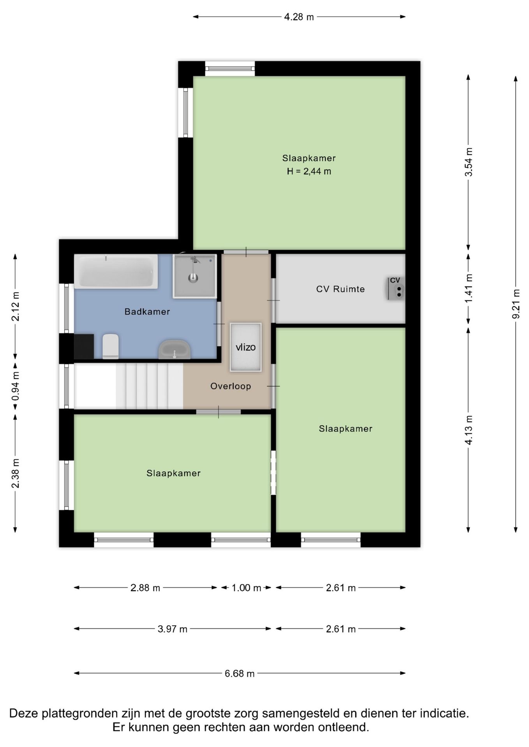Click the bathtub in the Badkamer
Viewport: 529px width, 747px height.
[116, 271]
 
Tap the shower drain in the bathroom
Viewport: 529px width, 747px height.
[193, 278]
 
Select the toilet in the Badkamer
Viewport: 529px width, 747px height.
[111, 346]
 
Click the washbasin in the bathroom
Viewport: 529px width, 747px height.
[175, 349]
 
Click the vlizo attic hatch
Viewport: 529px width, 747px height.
[245, 347]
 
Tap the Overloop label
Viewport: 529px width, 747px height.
[231, 386]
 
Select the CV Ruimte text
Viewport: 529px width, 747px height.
[340, 289]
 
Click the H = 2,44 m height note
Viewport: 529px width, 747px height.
[309, 171]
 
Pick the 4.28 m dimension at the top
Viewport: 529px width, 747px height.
[299, 17]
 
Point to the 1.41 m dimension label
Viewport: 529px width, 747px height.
[469, 288]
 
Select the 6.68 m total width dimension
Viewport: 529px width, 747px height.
[240, 673]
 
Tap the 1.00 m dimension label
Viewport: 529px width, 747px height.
[246, 588]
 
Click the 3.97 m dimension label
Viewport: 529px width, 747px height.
[173, 629]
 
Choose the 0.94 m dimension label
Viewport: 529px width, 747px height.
[15, 386]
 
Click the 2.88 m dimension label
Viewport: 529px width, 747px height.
[145, 588]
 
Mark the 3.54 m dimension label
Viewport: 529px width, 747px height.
[469, 162]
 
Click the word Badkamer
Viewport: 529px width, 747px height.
[147, 312]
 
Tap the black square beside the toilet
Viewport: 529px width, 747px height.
[84, 346]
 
